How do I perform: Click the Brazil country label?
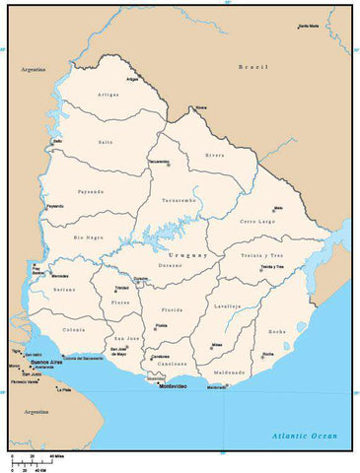pos(252,66)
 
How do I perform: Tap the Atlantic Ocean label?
pos(305,436)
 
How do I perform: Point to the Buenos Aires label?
pos(46,362)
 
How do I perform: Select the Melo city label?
pos(278,208)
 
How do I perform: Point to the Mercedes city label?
pos(60,275)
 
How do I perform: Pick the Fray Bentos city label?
pos(36,268)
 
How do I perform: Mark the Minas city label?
pos(217,344)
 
